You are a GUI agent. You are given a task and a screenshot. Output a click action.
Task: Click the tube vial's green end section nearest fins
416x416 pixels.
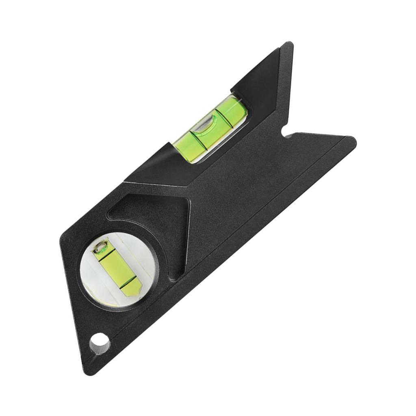click(235, 108)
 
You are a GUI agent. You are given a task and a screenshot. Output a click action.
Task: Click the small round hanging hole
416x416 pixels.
click(100, 344)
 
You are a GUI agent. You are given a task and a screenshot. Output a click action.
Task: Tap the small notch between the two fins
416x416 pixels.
click(287, 134)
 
